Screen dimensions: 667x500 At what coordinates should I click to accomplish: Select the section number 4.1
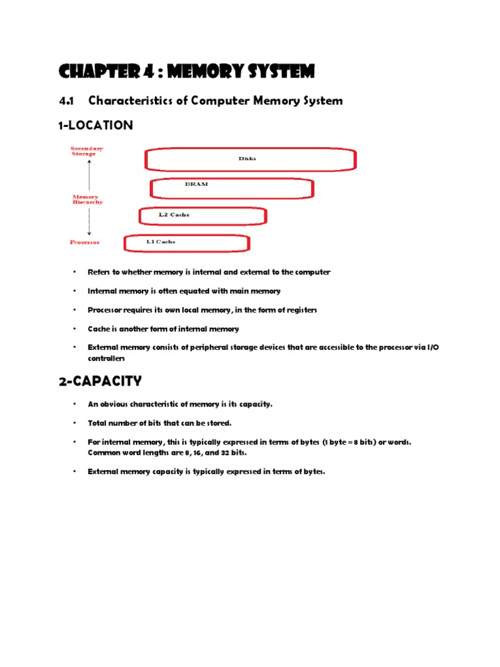click(x=67, y=100)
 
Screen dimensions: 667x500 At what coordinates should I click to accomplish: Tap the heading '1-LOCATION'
click(x=95, y=125)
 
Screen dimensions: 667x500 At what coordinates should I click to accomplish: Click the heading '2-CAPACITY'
click(x=100, y=381)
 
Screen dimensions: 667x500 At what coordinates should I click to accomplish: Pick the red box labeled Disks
click(x=250, y=160)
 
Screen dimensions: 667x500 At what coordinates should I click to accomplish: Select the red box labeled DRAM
click(x=232, y=188)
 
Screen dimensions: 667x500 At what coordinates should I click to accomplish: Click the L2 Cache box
click(x=202, y=216)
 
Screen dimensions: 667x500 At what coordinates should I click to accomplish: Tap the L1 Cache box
click(x=186, y=243)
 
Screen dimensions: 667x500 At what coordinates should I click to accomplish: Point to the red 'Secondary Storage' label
click(x=87, y=151)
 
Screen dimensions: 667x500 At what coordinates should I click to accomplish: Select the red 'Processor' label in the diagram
click(x=85, y=242)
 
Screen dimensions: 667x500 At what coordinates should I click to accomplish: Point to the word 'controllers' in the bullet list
click(x=106, y=358)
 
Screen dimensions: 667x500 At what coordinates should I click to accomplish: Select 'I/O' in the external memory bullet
click(x=433, y=348)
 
